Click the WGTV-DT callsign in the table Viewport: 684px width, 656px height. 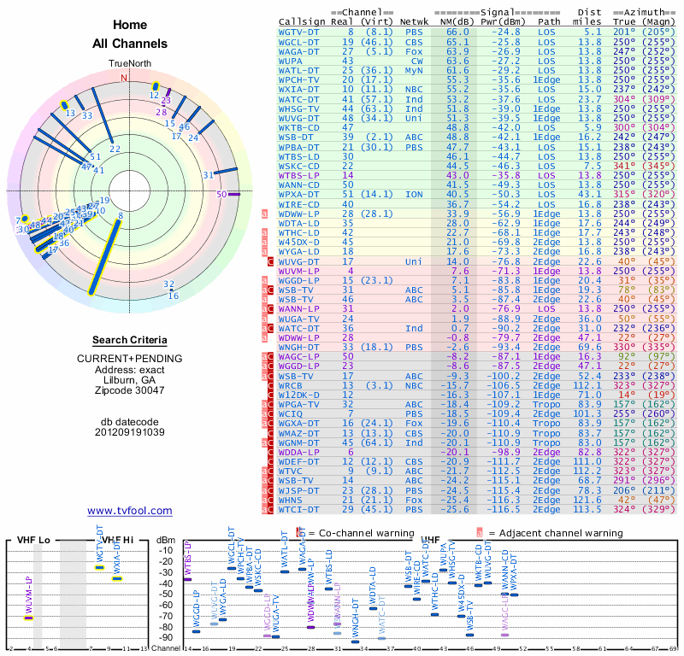pos(299,32)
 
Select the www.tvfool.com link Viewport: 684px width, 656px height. pos(129,511)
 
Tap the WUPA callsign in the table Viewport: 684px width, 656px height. pos(292,61)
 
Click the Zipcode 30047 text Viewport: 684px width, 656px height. pos(129,390)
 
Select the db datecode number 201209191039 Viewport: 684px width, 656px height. pos(129,431)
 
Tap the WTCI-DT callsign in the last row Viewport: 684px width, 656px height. pos(299,509)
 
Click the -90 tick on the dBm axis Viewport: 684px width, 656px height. pos(166,637)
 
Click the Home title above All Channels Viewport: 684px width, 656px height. pos(129,26)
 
